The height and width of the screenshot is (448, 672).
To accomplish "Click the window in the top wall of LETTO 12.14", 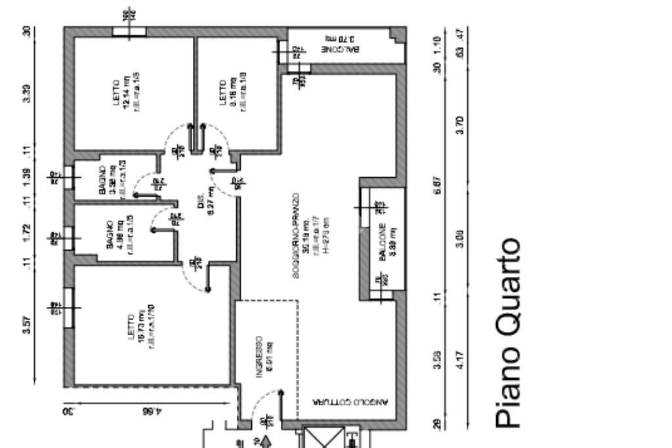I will (x=129, y=31).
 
